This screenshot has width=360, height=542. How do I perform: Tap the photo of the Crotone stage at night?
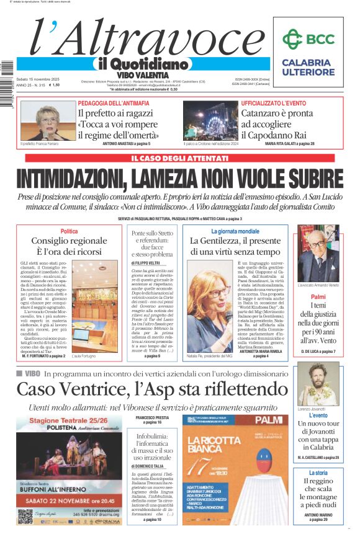pyautogui.click(x=210, y=120)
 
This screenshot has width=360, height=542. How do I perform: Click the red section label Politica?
pyautogui.click(x=69, y=231)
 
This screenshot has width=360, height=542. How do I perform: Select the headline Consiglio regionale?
pyautogui.click(x=69, y=241)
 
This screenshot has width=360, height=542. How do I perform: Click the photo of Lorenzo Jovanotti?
pyautogui.click(x=318, y=384)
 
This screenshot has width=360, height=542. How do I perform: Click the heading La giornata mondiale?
pyautogui.click(x=235, y=231)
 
